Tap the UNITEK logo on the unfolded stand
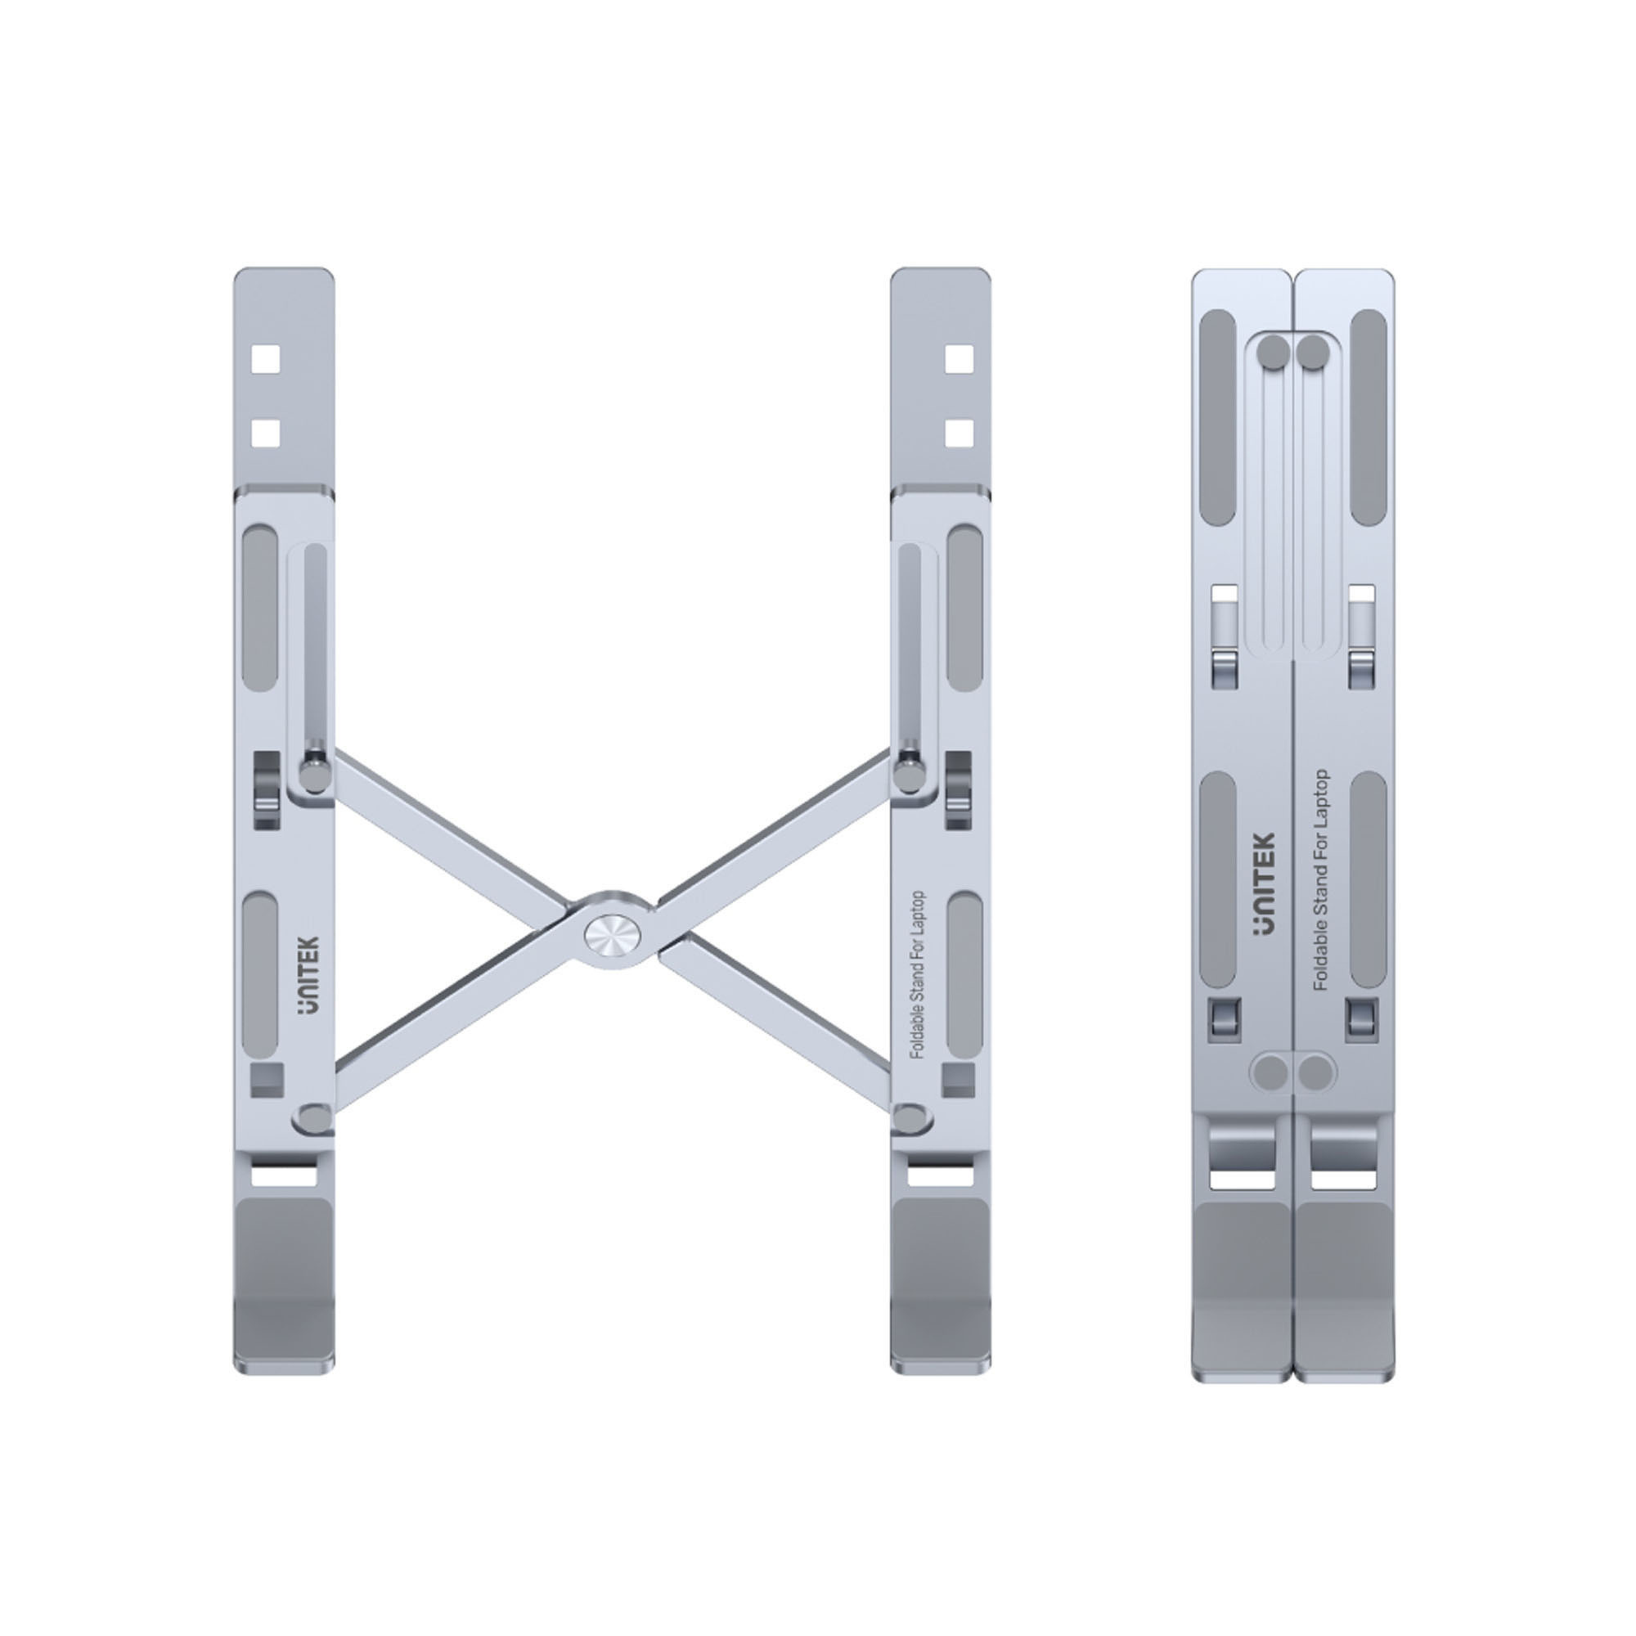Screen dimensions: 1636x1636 [310, 976]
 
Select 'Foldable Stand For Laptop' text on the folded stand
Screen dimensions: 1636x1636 [1319, 881]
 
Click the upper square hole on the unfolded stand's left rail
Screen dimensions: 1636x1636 [266, 360]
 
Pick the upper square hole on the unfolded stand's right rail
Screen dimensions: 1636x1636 [959, 360]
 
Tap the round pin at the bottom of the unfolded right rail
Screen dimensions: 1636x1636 [911, 1117]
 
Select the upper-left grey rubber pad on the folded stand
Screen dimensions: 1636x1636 [1220, 417]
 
